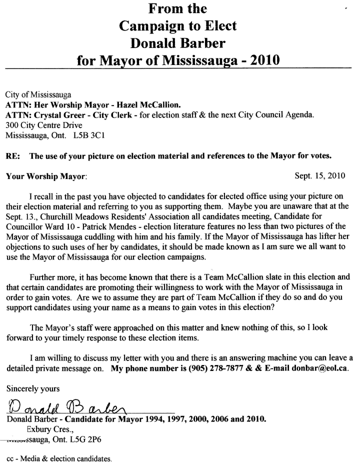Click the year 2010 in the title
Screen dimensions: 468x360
click(261, 60)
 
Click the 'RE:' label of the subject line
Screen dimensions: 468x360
click(12, 155)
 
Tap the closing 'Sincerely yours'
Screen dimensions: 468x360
click(33, 388)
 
